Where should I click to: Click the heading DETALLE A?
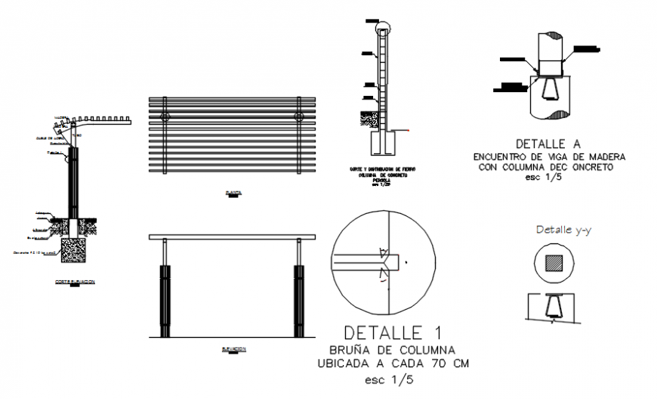(x=548, y=143)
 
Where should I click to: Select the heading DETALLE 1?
(x=393, y=332)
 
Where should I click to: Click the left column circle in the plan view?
(x=165, y=117)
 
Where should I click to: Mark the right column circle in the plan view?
(x=299, y=117)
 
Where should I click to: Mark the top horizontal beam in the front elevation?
(x=231, y=237)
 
